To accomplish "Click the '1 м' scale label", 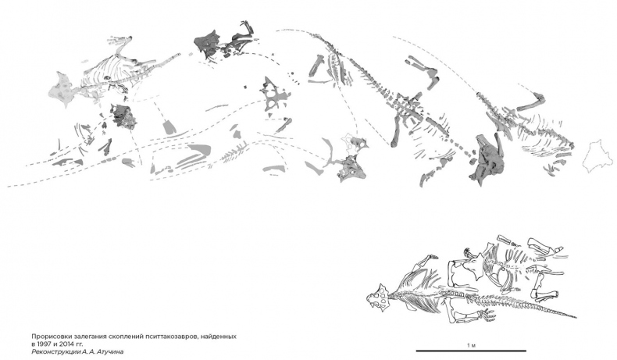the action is [x=472, y=345].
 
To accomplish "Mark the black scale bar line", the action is [x=471, y=351].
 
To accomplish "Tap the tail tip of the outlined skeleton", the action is [x=576, y=317].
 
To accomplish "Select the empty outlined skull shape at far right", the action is [x=597, y=156].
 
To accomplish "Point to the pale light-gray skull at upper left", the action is [x=62, y=91].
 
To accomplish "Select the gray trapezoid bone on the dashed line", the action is [x=169, y=127].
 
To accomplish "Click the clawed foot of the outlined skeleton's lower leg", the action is [x=487, y=315].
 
